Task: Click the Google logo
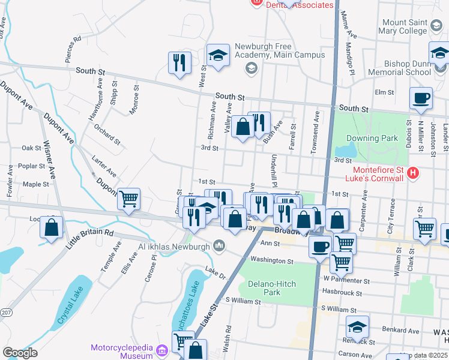pos(19,353)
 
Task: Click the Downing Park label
pos(372,138)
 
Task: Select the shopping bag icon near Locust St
pos(52,227)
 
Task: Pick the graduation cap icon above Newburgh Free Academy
pos(218,55)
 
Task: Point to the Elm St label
pos(384,92)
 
